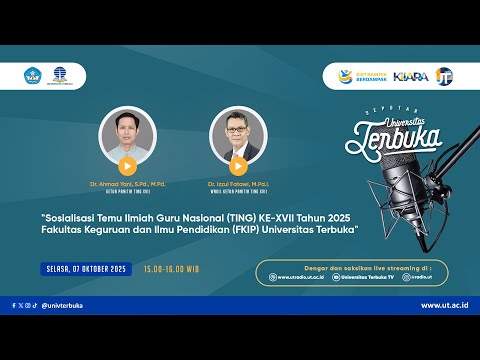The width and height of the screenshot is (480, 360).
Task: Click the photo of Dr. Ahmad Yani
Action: coord(128,135)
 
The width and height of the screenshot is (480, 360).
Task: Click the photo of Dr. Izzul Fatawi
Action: coord(238,135)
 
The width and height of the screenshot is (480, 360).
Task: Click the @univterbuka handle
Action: coord(62,305)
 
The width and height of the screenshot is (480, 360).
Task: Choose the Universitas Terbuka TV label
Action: coord(364,277)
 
